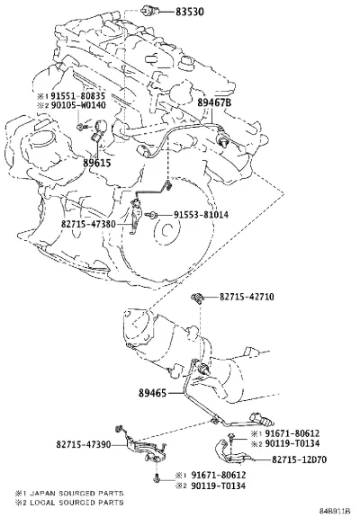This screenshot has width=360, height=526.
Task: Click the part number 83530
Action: point(190,12)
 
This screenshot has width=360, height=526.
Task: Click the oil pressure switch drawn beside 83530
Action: point(148,11)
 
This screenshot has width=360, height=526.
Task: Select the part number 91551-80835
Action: point(78,96)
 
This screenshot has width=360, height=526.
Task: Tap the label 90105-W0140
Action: point(78,105)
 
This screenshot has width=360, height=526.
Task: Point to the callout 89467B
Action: point(214,103)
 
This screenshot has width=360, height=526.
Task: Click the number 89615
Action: point(96,163)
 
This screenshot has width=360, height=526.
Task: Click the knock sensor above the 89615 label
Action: point(98,129)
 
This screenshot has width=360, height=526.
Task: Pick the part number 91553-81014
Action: point(202,215)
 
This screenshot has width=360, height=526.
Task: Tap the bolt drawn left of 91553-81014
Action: point(152,215)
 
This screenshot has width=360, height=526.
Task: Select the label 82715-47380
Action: point(88,224)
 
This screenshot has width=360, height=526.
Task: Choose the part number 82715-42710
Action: point(247,297)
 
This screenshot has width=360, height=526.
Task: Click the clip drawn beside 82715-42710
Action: point(197,298)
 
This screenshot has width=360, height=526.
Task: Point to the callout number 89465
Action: point(152,393)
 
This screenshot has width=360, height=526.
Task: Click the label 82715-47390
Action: point(84,444)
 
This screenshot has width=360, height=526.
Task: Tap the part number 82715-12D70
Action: point(299,459)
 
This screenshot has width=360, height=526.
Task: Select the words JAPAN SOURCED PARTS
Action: point(76,494)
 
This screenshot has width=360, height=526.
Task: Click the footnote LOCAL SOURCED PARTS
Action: point(76,503)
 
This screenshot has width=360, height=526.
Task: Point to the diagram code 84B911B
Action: point(335,512)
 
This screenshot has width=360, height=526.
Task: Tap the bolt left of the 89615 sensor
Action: point(82,127)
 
